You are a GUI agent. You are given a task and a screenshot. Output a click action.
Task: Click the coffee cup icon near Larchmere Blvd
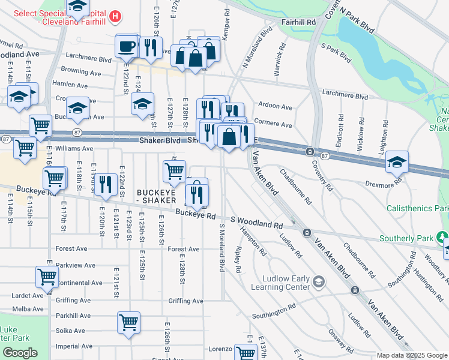(127, 46)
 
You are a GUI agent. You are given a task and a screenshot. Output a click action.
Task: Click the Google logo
(20, 353)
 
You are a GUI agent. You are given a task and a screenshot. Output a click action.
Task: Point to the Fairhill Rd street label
(299, 22)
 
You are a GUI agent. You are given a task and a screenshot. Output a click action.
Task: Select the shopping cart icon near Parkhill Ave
(129, 322)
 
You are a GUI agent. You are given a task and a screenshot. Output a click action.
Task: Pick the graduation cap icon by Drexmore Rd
(397, 162)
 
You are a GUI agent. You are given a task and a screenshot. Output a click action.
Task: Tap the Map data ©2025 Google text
(411, 355)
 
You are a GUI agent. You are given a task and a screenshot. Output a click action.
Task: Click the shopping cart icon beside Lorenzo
(246, 353)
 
